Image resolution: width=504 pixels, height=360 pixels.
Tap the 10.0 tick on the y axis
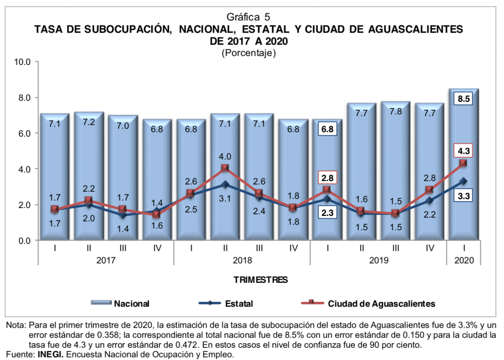(24, 62)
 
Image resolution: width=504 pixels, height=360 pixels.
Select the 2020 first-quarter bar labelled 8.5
(464, 167)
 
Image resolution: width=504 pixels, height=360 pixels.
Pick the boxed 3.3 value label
(464, 197)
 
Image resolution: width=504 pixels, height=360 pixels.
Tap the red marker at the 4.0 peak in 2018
(225, 168)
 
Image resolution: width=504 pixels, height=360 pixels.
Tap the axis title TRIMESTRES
(260, 280)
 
